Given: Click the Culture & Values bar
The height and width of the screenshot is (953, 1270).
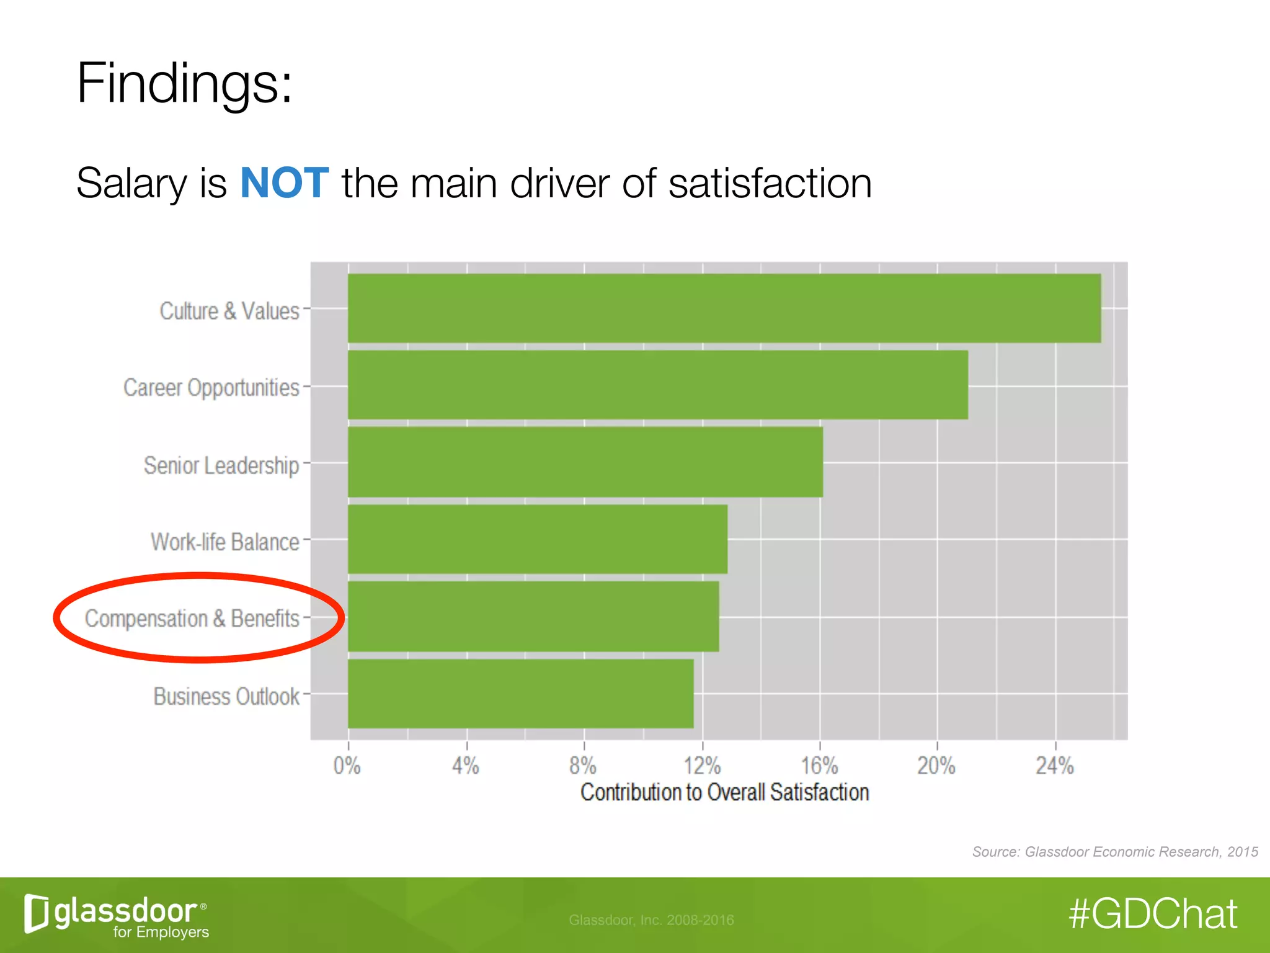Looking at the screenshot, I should pyautogui.click(x=724, y=308).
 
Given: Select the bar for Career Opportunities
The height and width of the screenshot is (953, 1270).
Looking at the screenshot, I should pyautogui.click(x=657, y=385).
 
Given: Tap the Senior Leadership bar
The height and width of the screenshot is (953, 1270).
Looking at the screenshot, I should pyautogui.click(x=585, y=462).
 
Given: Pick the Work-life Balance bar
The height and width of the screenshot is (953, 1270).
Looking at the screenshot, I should pyautogui.click(x=537, y=539).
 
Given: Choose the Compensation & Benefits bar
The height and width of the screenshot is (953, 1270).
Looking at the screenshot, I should pyautogui.click(x=533, y=616).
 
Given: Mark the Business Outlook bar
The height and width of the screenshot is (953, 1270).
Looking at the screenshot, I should pyautogui.click(x=521, y=693).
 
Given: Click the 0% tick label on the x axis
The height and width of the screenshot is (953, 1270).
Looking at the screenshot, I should pyautogui.click(x=347, y=766).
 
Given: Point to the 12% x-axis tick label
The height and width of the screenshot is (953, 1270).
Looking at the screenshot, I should pyautogui.click(x=702, y=766).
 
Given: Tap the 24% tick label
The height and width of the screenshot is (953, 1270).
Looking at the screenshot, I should pyautogui.click(x=1055, y=766).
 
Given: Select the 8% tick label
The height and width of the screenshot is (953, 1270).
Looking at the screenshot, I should pyautogui.click(x=583, y=766).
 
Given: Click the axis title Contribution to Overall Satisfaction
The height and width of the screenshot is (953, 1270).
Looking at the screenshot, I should pyautogui.click(x=724, y=792).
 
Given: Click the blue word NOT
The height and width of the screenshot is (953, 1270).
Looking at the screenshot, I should pyautogui.click(x=284, y=183).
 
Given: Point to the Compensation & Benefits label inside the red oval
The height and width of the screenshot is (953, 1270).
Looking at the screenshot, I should pyautogui.click(x=192, y=619).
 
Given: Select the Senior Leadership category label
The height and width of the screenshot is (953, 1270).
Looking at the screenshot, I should pyautogui.click(x=221, y=465).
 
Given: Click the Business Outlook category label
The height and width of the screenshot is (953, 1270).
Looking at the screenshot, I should pyautogui.click(x=226, y=696).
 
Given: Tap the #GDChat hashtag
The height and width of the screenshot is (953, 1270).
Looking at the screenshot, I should pyautogui.click(x=1153, y=914).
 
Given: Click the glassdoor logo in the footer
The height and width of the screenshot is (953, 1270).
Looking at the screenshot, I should pyautogui.click(x=117, y=915).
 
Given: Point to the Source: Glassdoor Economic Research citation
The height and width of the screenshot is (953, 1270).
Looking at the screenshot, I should pyautogui.click(x=1114, y=852).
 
